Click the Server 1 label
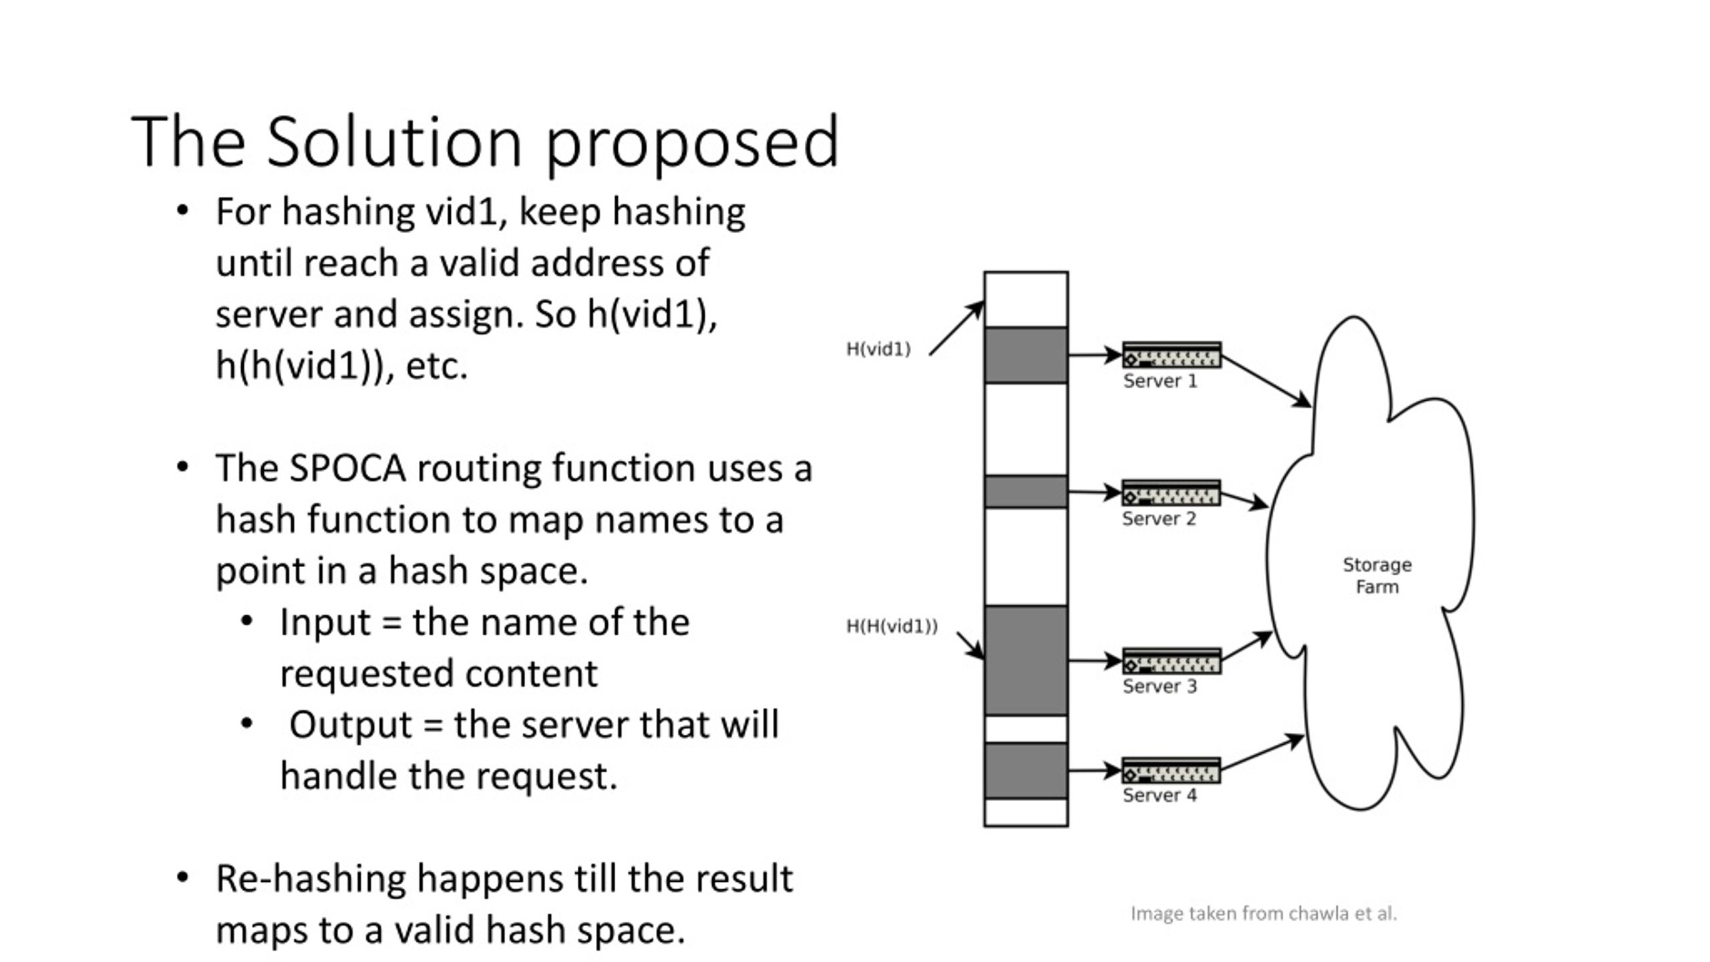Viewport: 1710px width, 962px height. [1160, 381]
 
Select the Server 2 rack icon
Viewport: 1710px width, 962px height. [1171, 493]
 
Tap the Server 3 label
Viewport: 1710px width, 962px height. [1160, 686]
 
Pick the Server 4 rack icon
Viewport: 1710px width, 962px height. [1171, 770]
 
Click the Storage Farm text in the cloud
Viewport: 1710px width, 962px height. [1377, 575]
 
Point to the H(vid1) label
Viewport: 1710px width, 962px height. [878, 349]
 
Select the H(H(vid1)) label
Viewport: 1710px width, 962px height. [892, 626]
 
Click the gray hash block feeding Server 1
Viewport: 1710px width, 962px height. [1026, 355]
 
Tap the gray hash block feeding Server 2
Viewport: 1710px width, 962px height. [1026, 492]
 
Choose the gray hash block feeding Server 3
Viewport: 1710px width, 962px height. [1026, 660]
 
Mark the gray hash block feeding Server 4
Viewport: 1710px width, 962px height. [1026, 770]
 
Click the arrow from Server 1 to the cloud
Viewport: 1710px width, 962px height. [1266, 381]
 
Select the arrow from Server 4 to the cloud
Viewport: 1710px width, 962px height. [1262, 752]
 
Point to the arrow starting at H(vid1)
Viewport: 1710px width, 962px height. [957, 328]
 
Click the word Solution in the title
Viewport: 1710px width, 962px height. [394, 142]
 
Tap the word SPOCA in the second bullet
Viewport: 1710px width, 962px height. [347, 468]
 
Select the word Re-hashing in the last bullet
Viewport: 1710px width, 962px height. [311, 880]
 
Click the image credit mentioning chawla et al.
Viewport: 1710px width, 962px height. [1264, 913]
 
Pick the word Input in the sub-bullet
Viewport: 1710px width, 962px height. [325, 623]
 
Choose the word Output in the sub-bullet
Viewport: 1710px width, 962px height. [351, 725]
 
